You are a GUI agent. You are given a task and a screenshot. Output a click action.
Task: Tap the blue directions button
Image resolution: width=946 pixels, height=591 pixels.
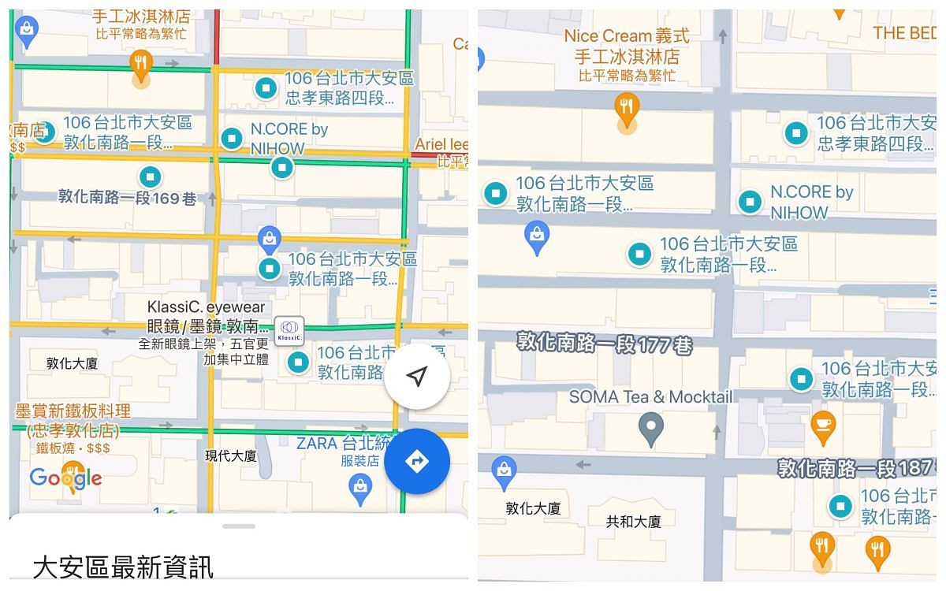pyautogui.click(x=417, y=462)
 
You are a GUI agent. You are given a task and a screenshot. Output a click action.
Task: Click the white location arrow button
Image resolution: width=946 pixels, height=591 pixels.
pyautogui.click(x=417, y=377)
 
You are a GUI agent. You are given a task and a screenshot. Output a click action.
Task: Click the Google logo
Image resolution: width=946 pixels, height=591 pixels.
pyautogui.click(x=65, y=477)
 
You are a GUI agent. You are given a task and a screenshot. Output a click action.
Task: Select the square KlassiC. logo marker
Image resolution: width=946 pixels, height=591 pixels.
pyautogui.click(x=289, y=331)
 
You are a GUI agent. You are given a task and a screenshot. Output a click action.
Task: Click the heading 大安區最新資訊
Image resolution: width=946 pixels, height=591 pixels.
pyautogui.click(x=123, y=567)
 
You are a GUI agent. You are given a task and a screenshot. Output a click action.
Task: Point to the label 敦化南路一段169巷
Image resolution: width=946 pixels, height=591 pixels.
pyautogui.click(x=128, y=198)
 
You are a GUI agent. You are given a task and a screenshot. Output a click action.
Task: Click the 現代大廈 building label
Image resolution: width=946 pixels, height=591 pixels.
pyautogui.click(x=231, y=456)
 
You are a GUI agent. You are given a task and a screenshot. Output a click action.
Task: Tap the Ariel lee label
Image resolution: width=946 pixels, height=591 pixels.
pyautogui.click(x=441, y=144)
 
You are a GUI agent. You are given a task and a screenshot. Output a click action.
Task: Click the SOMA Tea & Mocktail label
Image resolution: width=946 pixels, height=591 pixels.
pyautogui.click(x=650, y=397)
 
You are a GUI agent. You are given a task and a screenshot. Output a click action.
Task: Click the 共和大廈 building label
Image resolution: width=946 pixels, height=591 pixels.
pyautogui.click(x=633, y=522)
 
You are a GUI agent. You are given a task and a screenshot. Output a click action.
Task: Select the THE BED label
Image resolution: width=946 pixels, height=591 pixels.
pyautogui.click(x=904, y=33)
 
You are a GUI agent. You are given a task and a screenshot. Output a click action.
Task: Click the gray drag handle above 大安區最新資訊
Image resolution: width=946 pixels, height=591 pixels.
pyautogui.click(x=239, y=526)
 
